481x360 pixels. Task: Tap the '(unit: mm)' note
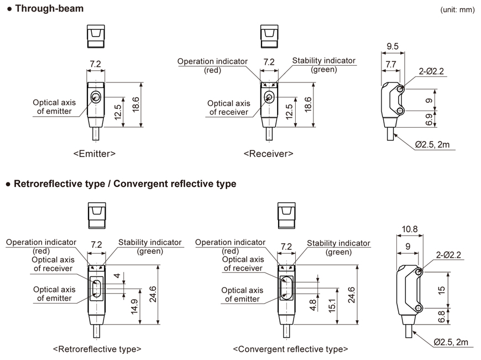click(x=458, y=10)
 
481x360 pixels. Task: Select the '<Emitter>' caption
click(x=94, y=154)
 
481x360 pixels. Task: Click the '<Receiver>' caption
click(x=268, y=154)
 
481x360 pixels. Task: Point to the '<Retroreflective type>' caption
click(x=97, y=349)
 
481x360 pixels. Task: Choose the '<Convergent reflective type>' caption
click(x=291, y=349)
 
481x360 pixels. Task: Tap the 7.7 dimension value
click(x=390, y=65)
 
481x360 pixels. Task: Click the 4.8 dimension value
click(x=313, y=305)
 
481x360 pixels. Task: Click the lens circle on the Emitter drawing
click(x=96, y=98)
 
